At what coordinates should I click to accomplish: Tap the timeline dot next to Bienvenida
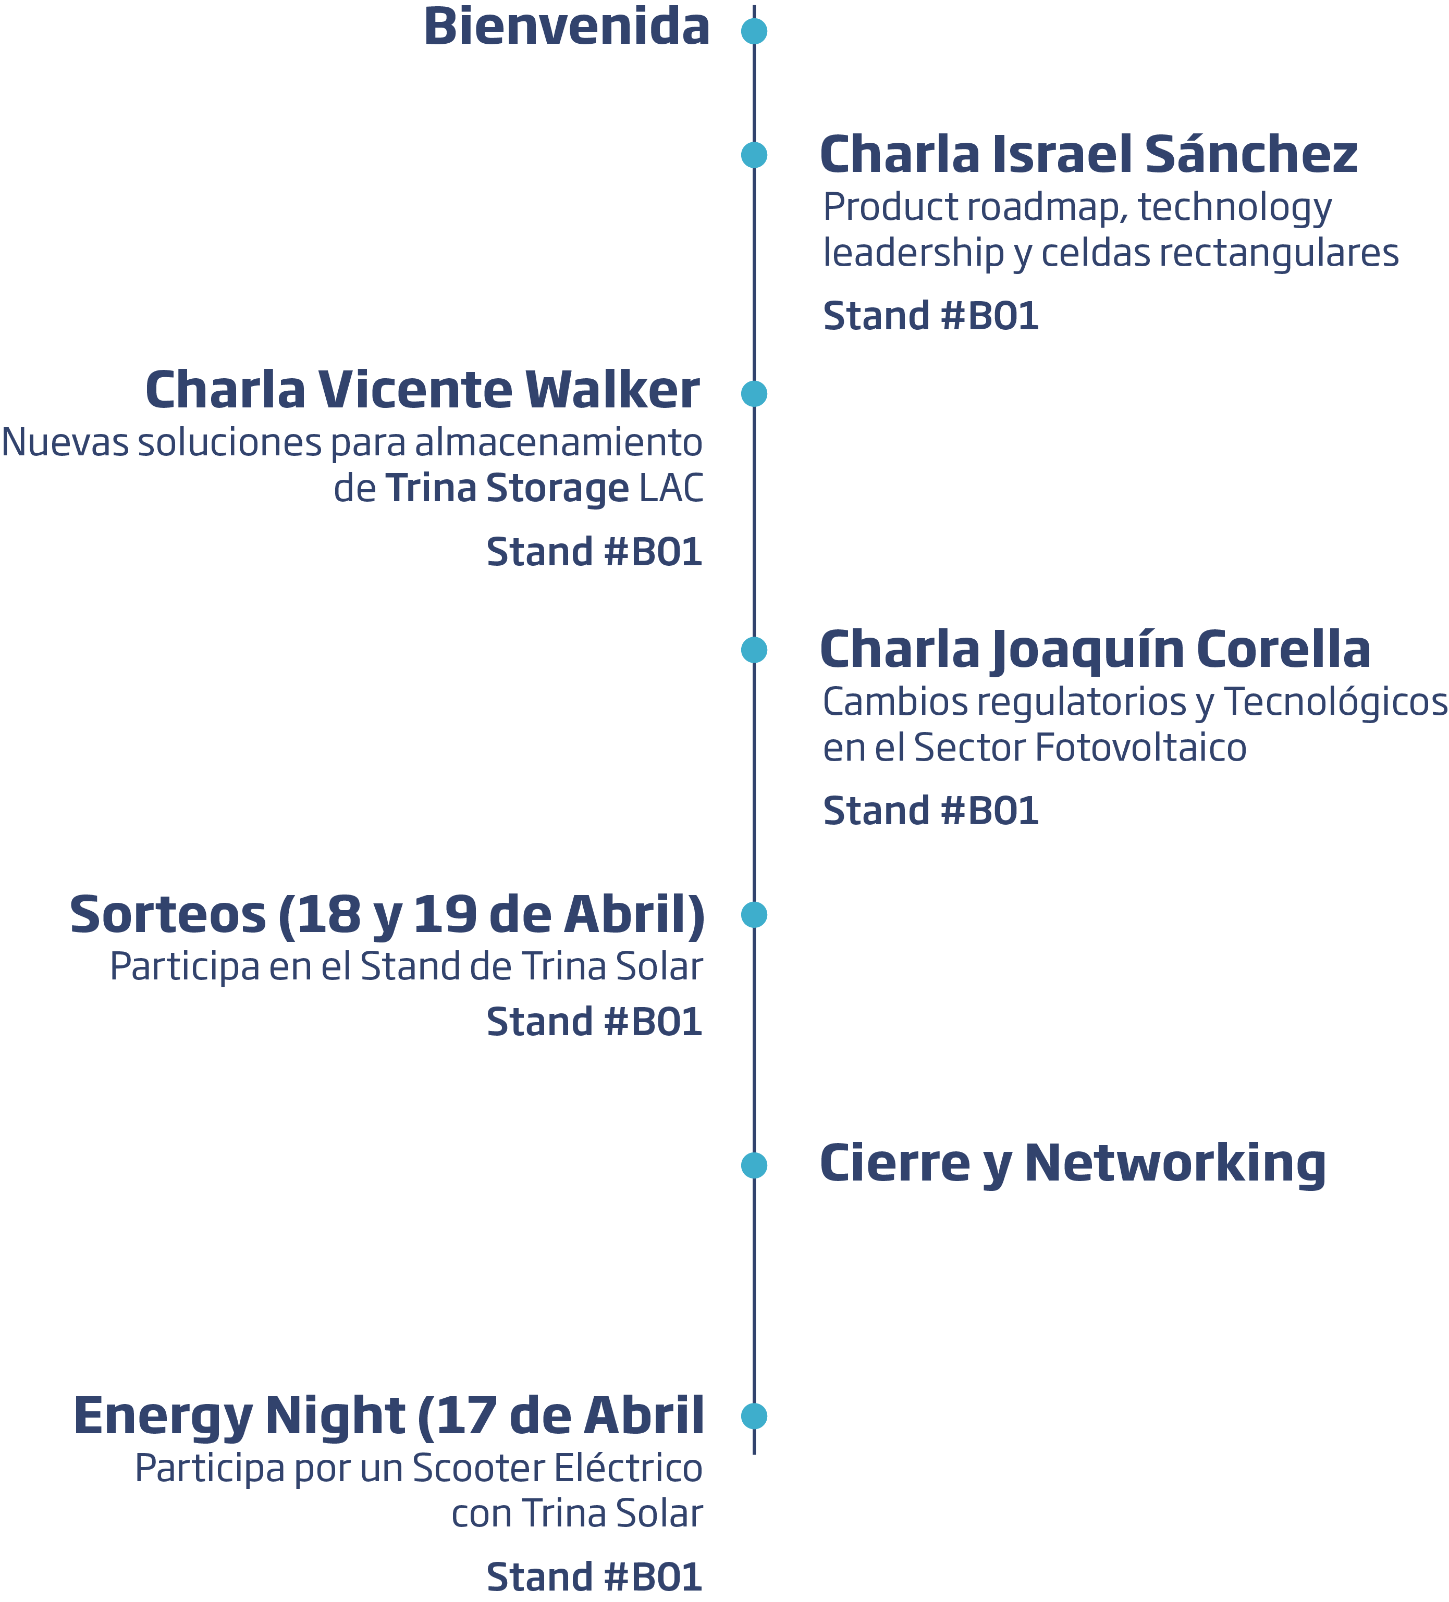click(x=754, y=31)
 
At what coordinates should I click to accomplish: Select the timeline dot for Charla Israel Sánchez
click(x=754, y=154)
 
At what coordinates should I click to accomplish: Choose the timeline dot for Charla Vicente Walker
click(x=754, y=393)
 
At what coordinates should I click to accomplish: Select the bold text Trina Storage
click(x=507, y=488)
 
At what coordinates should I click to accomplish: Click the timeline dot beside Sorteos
click(x=754, y=915)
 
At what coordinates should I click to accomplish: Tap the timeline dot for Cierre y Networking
click(x=754, y=1165)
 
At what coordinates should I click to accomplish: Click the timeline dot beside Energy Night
click(x=754, y=1416)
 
